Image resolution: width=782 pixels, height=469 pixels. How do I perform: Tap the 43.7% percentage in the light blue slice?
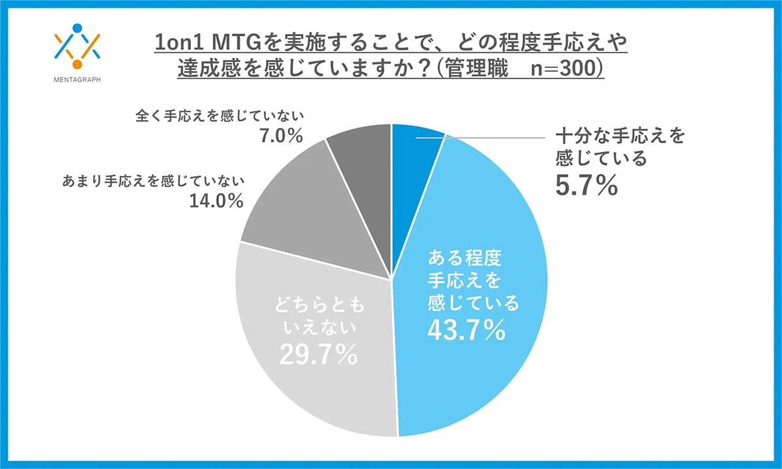pyautogui.click(x=466, y=330)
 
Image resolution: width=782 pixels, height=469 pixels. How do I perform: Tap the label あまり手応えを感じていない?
pyautogui.click(x=153, y=181)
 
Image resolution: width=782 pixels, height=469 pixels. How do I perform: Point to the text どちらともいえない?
pyautogui.click(x=318, y=314)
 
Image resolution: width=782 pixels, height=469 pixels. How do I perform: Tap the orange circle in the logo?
pyautogui.click(x=78, y=64)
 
